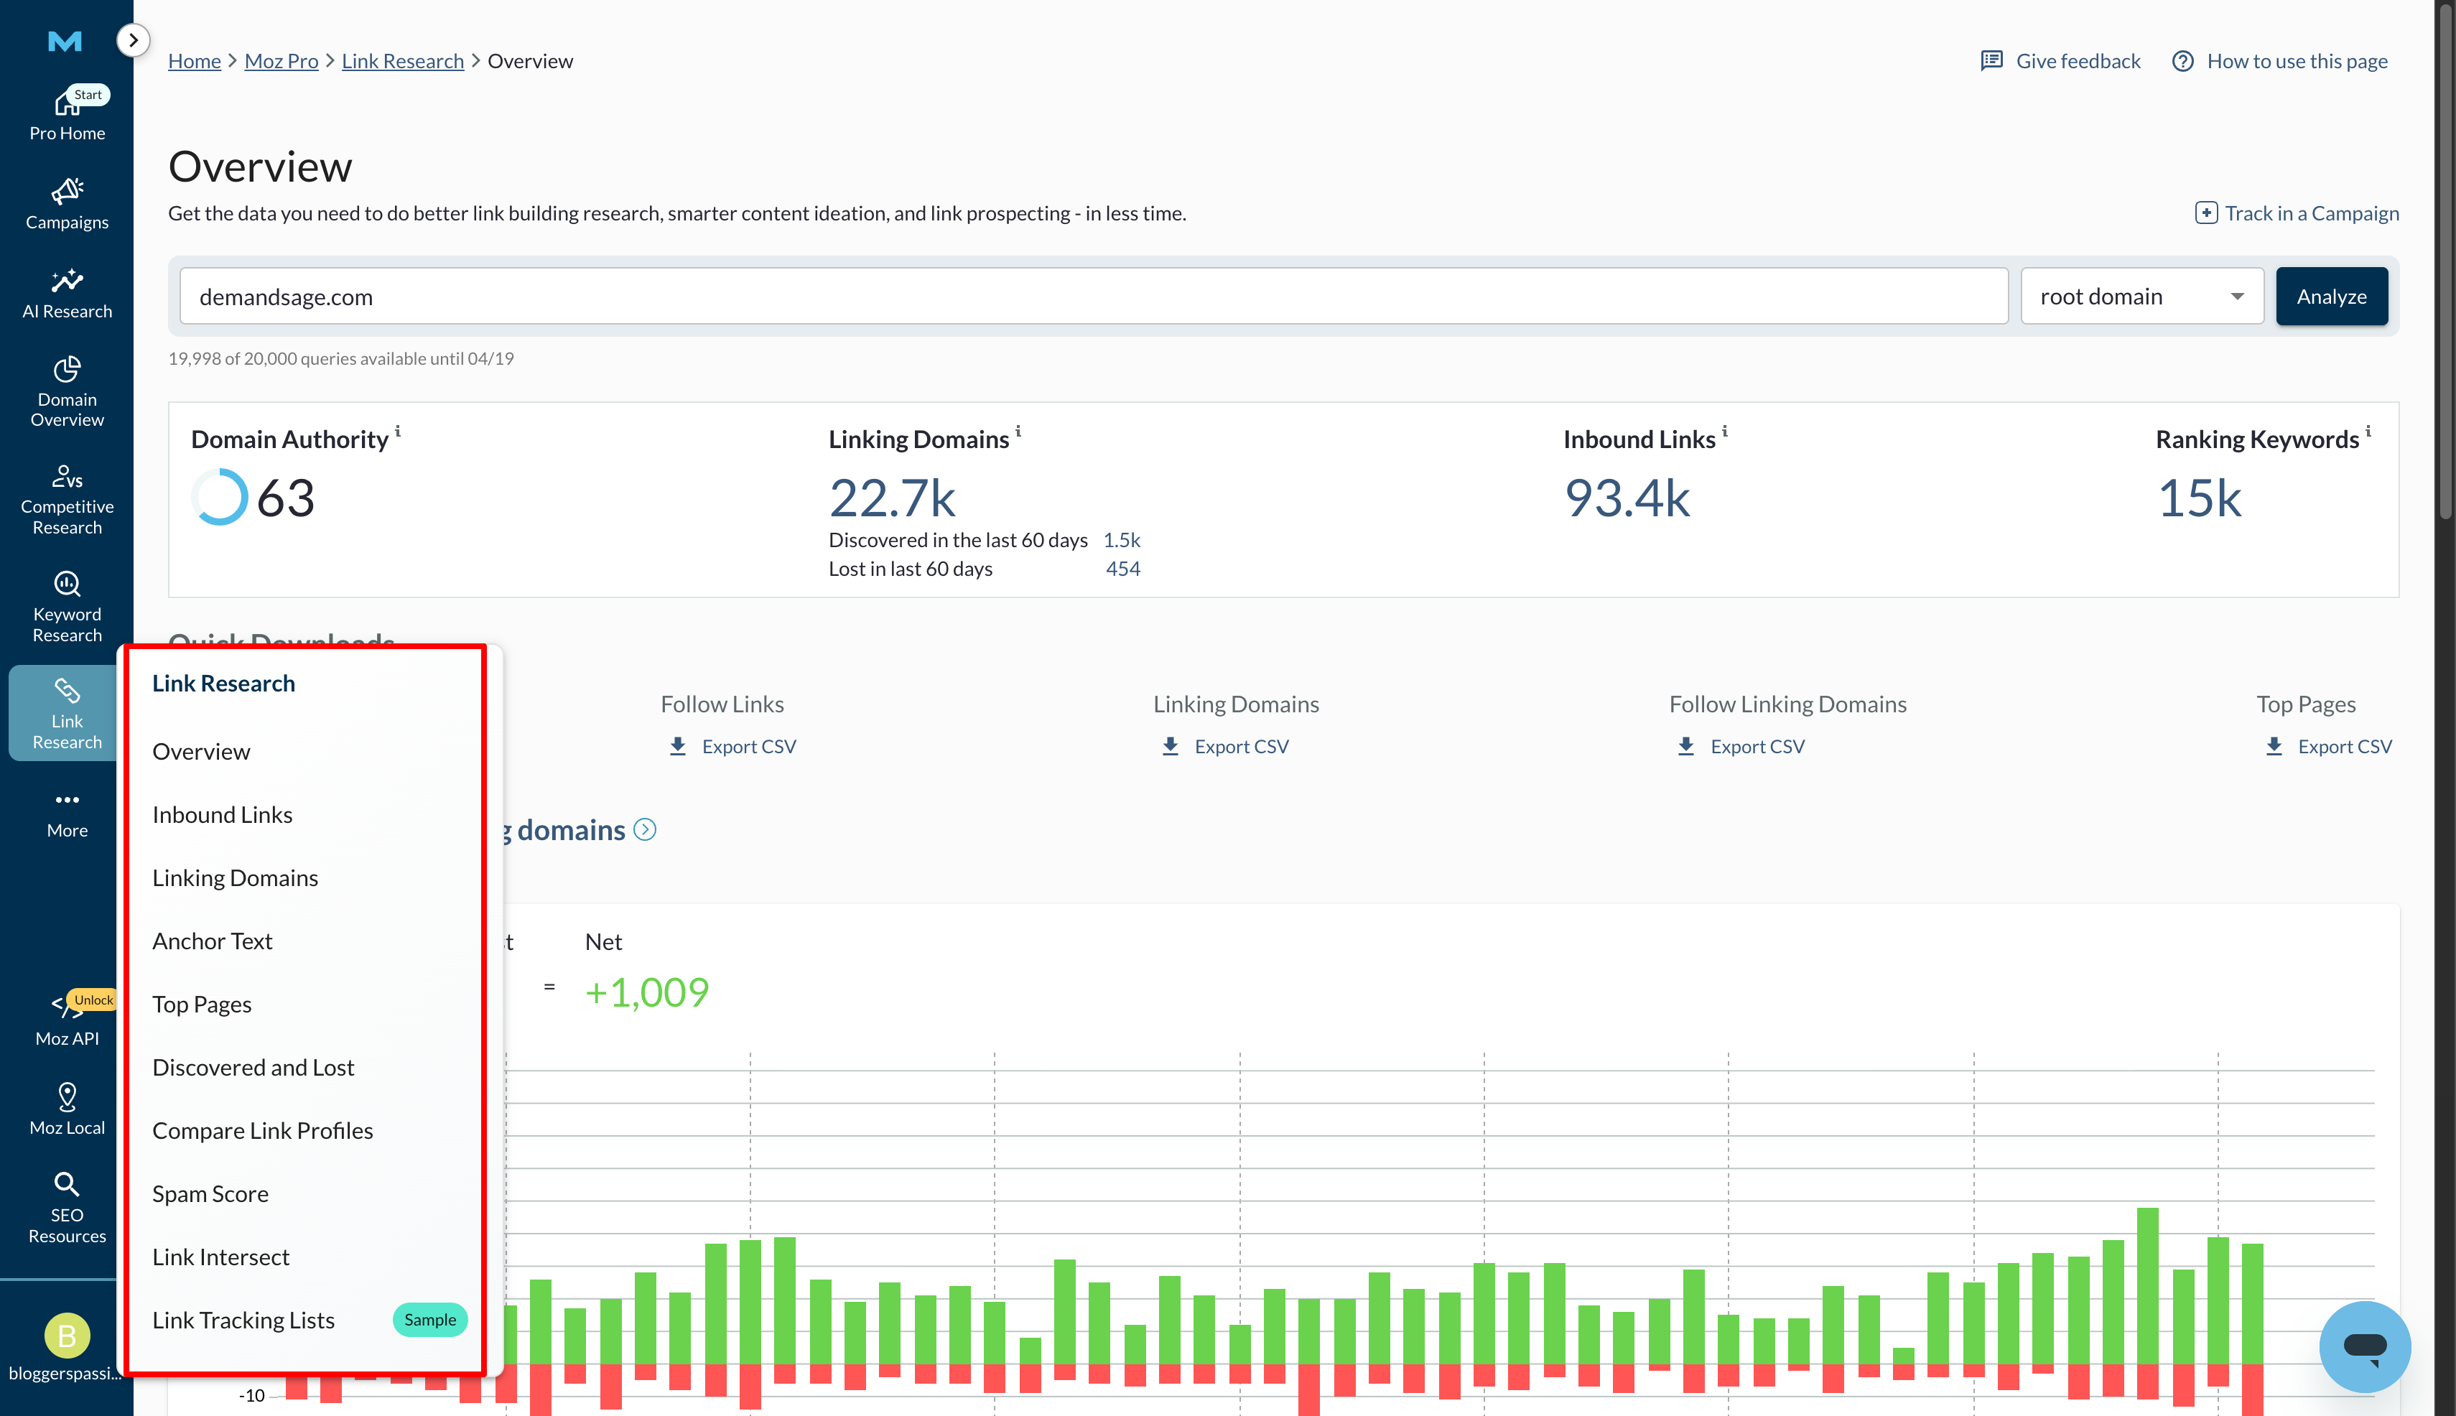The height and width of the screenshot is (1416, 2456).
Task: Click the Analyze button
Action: (x=2330, y=297)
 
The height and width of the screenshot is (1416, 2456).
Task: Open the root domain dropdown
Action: (x=2141, y=297)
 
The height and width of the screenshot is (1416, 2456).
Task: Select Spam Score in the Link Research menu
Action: (x=210, y=1193)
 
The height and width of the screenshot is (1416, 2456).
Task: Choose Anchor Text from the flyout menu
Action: (x=212, y=941)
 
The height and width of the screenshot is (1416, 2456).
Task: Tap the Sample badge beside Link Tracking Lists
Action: (x=429, y=1320)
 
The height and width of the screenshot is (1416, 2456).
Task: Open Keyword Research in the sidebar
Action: (x=67, y=607)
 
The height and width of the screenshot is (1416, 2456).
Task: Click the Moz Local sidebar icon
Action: (x=67, y=1109)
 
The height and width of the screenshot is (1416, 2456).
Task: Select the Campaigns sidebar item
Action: (x=67, y=204)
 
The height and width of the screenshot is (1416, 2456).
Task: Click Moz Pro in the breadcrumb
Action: (x=281, y=61)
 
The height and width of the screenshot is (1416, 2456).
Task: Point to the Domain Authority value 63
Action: (x=285, y=498)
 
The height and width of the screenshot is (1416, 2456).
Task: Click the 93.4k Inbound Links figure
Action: (x=1627, y=498)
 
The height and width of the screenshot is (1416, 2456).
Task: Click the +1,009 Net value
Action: (x=647, y=992)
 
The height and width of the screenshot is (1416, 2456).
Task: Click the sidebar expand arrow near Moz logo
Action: (x=134, y=40)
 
